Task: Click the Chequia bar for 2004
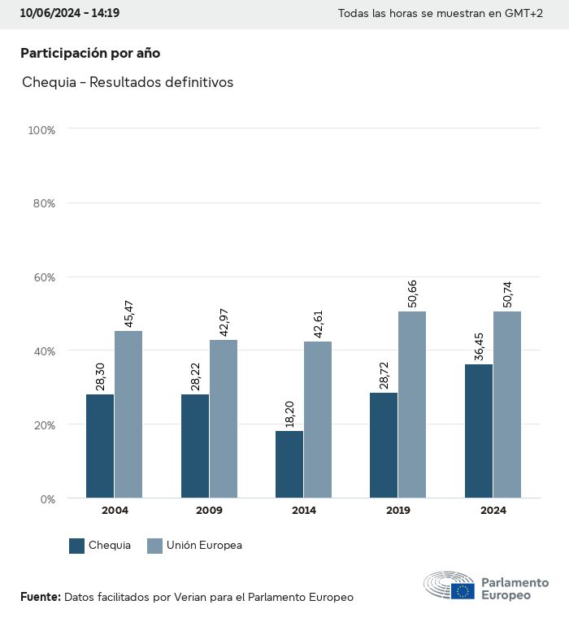click(x=100, y=446)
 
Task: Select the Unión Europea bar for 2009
click(x=224, y=419)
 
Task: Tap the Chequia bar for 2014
click(x=289, y=464)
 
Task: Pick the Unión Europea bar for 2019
click(x=412, y=404)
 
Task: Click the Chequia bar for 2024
click(x=479, y=431)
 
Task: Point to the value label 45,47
click(x=128, y=313)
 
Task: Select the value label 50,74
click(x=507, y=294)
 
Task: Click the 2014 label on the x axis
click(x=304, y=511)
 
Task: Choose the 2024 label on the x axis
click(x=493, y=511)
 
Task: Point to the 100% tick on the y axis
click(x=41, y=129)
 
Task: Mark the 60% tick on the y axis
click(x=41, y=277)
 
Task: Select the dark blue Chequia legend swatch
click(x=77, y=546)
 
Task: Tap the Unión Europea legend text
click(x=204, y=546)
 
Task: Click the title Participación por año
click(x=90, y=53)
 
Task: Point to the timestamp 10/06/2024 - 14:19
click(x=70, y=14)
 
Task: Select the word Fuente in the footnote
click(x=40, y=597)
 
